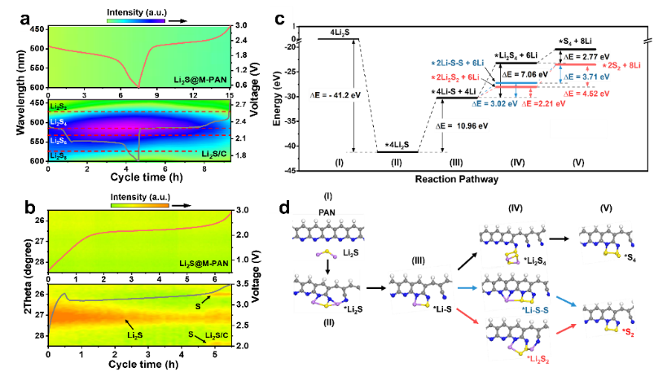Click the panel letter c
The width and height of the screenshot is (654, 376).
[280, 17]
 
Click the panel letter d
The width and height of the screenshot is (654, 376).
[284, 208]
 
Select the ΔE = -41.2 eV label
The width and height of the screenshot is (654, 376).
[335, 94]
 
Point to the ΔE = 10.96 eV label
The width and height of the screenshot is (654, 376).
[462, 126]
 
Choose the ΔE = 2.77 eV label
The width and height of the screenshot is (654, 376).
[586, 56]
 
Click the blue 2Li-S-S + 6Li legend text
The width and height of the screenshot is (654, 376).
[458, 63]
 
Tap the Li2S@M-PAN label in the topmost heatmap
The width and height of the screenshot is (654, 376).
[200, 80]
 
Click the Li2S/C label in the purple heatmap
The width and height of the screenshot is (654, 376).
[215, 153]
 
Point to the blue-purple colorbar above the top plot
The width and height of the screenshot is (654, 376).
[135, 20]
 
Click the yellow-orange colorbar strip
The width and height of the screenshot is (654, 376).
[139, 206]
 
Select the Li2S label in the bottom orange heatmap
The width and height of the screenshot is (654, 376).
[135, 334]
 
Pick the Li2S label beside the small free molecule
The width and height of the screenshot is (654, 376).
[350, 254]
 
